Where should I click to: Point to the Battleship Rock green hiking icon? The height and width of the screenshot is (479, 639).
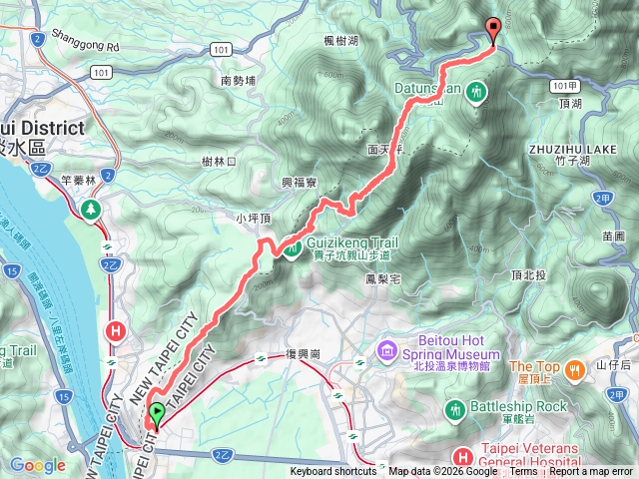[x=456, y=409]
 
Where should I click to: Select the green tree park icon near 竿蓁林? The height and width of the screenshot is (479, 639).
[x=92, y=209]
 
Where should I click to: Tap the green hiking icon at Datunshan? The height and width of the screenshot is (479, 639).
[x=477, y=91]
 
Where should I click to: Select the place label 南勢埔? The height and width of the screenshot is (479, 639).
[x=239, y=80]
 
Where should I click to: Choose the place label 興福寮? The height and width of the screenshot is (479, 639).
[x=299, y=184]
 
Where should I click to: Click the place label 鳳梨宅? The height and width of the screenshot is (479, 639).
[x=383, y=278]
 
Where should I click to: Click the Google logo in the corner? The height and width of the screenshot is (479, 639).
[x=38, y=465]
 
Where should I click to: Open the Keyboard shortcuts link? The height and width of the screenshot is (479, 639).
[x=334, y=472]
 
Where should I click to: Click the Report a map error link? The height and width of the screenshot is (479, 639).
[x=590, y=472]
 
